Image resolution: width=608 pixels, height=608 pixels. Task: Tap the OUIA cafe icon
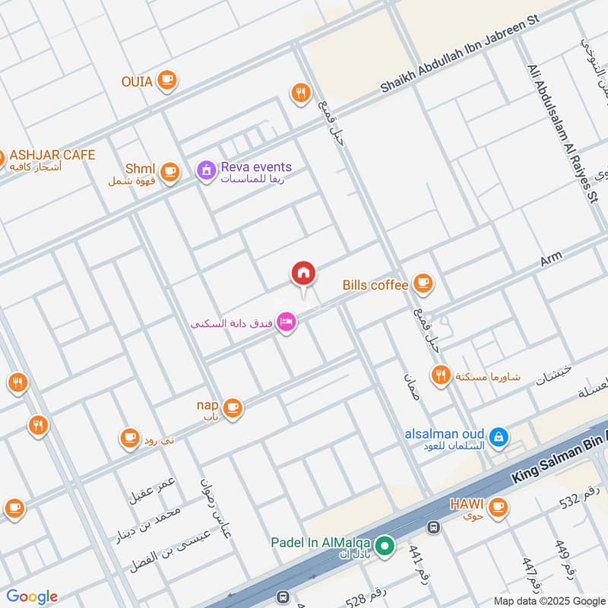coord(166,80)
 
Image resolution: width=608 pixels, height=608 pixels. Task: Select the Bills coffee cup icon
coord(423,285)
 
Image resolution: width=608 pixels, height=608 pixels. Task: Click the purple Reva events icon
coord(205,171)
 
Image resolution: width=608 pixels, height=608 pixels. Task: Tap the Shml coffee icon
coord(169,171)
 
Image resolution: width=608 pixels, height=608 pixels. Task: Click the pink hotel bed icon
coord(287,323)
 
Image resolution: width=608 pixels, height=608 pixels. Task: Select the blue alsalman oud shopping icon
coord(499,437)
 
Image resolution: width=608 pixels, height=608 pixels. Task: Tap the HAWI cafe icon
coord(498,505)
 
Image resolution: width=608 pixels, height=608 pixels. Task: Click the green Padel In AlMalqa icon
coord(385,545)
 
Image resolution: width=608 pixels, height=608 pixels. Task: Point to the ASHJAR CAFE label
coord(52,155)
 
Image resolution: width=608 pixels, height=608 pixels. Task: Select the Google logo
coord(32,597)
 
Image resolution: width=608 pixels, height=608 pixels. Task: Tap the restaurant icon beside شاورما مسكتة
coord(441,375)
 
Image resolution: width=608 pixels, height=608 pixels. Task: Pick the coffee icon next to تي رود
coord(130,437)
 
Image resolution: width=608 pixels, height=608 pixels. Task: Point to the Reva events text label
coord(256,166)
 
